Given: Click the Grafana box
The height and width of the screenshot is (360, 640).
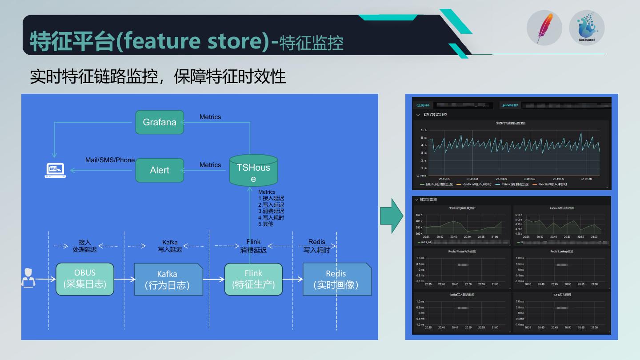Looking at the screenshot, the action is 160,122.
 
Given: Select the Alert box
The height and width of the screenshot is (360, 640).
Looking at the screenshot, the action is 160,170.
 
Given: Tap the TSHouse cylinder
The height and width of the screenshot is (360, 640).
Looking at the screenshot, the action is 253,171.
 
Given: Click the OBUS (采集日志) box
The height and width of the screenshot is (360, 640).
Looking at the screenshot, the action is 85,279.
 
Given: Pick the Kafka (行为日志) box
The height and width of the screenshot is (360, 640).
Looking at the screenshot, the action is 168,280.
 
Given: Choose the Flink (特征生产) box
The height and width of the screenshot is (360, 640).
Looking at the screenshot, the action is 253,279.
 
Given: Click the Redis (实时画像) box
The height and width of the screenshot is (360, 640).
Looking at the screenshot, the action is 336,279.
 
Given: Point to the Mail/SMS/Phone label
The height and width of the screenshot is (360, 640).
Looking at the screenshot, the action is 110,160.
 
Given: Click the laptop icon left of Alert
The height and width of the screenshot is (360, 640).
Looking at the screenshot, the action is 55,170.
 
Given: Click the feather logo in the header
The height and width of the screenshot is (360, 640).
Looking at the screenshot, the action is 544,28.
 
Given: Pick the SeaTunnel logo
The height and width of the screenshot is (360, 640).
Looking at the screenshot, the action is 587,28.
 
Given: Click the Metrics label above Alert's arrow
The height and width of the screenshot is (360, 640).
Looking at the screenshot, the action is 210,165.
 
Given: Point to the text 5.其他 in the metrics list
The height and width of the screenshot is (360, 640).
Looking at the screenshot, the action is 266,224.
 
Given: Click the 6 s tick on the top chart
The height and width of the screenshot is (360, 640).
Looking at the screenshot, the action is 423,130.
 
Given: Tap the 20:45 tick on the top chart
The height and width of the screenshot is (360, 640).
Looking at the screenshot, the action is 501,179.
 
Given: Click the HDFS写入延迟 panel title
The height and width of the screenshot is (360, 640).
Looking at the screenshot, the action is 562,295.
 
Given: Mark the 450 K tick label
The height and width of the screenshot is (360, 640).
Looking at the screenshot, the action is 419,215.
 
